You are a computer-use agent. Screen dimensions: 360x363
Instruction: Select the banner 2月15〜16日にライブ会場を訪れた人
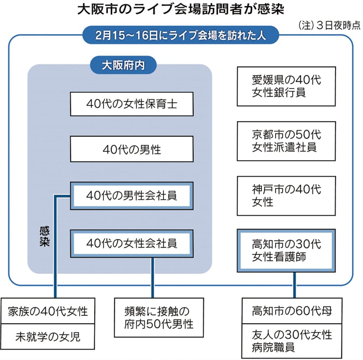[x=181, y=35]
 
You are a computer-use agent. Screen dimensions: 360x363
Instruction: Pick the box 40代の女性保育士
[x=131, y=104]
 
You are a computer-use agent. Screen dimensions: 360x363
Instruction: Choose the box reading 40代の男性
[x=131, y=150]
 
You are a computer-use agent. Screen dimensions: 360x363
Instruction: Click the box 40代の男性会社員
[x=131, y=196]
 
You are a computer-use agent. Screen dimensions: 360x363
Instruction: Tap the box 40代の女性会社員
[x=131, y=243]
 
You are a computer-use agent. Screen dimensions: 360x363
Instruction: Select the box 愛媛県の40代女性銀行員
[x=286, y=86]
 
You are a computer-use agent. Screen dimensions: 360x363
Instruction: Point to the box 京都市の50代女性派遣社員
[x=286, y=141]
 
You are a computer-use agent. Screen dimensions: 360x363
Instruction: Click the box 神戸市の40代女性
[x=286, y=195]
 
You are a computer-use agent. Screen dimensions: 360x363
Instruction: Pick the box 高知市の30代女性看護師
[x=286, y=250]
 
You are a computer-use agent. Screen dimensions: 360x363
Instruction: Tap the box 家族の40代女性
[x=48, y=311]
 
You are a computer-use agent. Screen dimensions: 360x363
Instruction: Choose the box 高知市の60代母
[x=292, y=311]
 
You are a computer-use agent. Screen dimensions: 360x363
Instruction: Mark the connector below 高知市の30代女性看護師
[x=294, y=284]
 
